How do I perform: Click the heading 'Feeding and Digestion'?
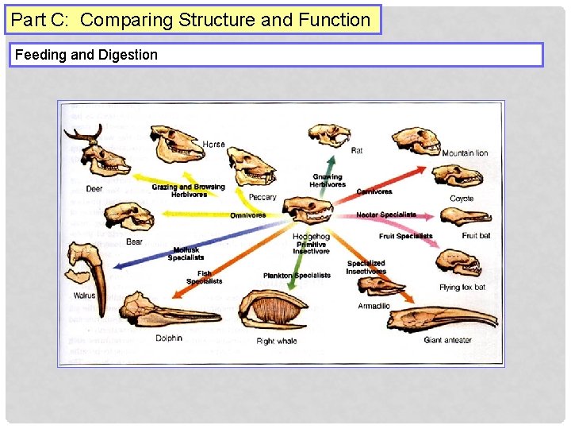(86, 55)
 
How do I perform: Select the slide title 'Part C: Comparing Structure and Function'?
(191, 20)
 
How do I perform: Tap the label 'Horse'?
(213, 145)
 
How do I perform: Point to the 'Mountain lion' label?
(465, 153)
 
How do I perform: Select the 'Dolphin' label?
(168, 338)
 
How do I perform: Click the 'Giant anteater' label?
(447, 340)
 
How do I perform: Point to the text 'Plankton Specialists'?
(297, 276)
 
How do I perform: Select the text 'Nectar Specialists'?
(385, 215)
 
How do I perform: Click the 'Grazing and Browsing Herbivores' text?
(188, 191)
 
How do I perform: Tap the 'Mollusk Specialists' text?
(186, 253)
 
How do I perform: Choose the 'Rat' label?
(357, 150)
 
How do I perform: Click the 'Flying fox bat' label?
(462, 287)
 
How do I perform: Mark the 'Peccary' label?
(263, 197)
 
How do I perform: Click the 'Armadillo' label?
(374, 306)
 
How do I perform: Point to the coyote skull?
(457, 176)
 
